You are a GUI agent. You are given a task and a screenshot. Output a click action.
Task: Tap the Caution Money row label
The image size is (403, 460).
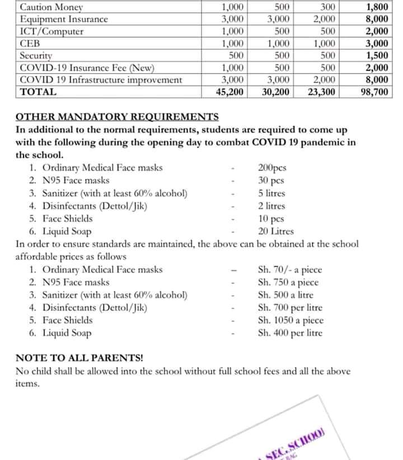click(51, 7)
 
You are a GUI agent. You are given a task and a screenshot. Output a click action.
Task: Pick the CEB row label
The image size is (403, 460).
click(29, 44)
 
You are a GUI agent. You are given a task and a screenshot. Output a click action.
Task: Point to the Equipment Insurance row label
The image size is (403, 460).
click(63, 20)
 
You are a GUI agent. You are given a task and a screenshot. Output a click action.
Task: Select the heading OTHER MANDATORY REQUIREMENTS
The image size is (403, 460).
click(117, 117)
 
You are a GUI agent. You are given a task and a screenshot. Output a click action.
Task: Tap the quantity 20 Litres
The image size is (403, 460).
click(275, 231)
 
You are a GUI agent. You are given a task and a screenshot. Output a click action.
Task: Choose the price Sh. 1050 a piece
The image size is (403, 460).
click(290, 321)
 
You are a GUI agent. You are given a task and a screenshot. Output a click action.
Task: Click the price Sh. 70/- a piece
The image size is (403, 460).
click(290, 270)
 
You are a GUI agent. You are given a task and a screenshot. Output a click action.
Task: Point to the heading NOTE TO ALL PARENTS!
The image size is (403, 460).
click(79, 358)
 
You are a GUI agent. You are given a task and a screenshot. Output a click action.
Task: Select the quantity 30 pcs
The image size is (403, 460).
click(271, 180)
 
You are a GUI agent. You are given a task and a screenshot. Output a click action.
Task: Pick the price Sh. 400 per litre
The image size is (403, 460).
click(290, 334)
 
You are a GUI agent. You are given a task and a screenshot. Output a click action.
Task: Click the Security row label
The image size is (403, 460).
click(36, 56)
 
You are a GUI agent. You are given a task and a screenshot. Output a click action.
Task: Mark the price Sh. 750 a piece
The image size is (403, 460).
click(288, 283)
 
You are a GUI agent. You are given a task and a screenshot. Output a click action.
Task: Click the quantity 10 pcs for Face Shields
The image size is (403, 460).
click(271, 219)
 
